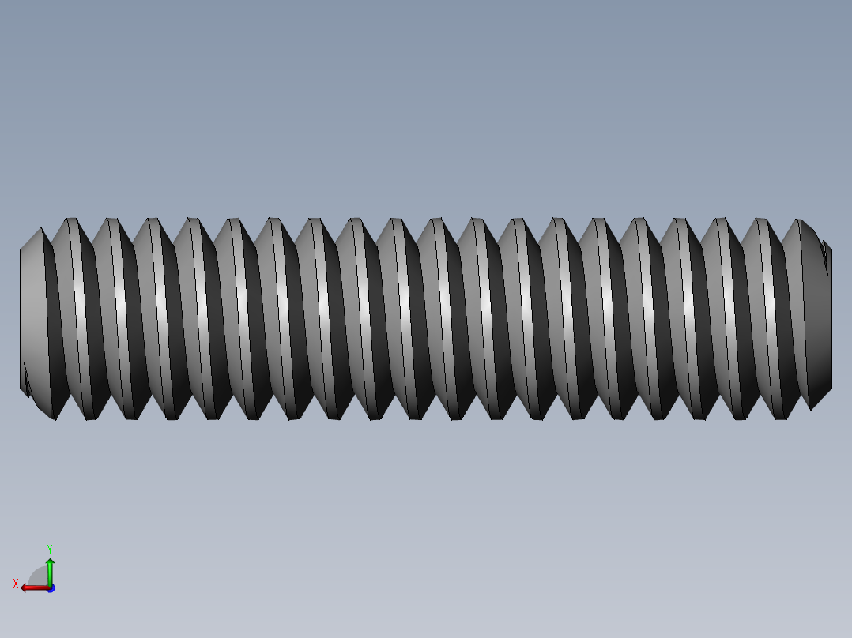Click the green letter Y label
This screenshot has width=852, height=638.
click(50, 549)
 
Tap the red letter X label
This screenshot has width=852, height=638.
click(16, 584)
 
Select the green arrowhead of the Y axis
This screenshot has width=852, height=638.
click(50, 561)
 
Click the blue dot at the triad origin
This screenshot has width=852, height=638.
click(51, 588)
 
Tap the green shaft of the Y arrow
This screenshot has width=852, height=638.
click(50, 575)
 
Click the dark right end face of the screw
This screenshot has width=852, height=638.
click(818, 321)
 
